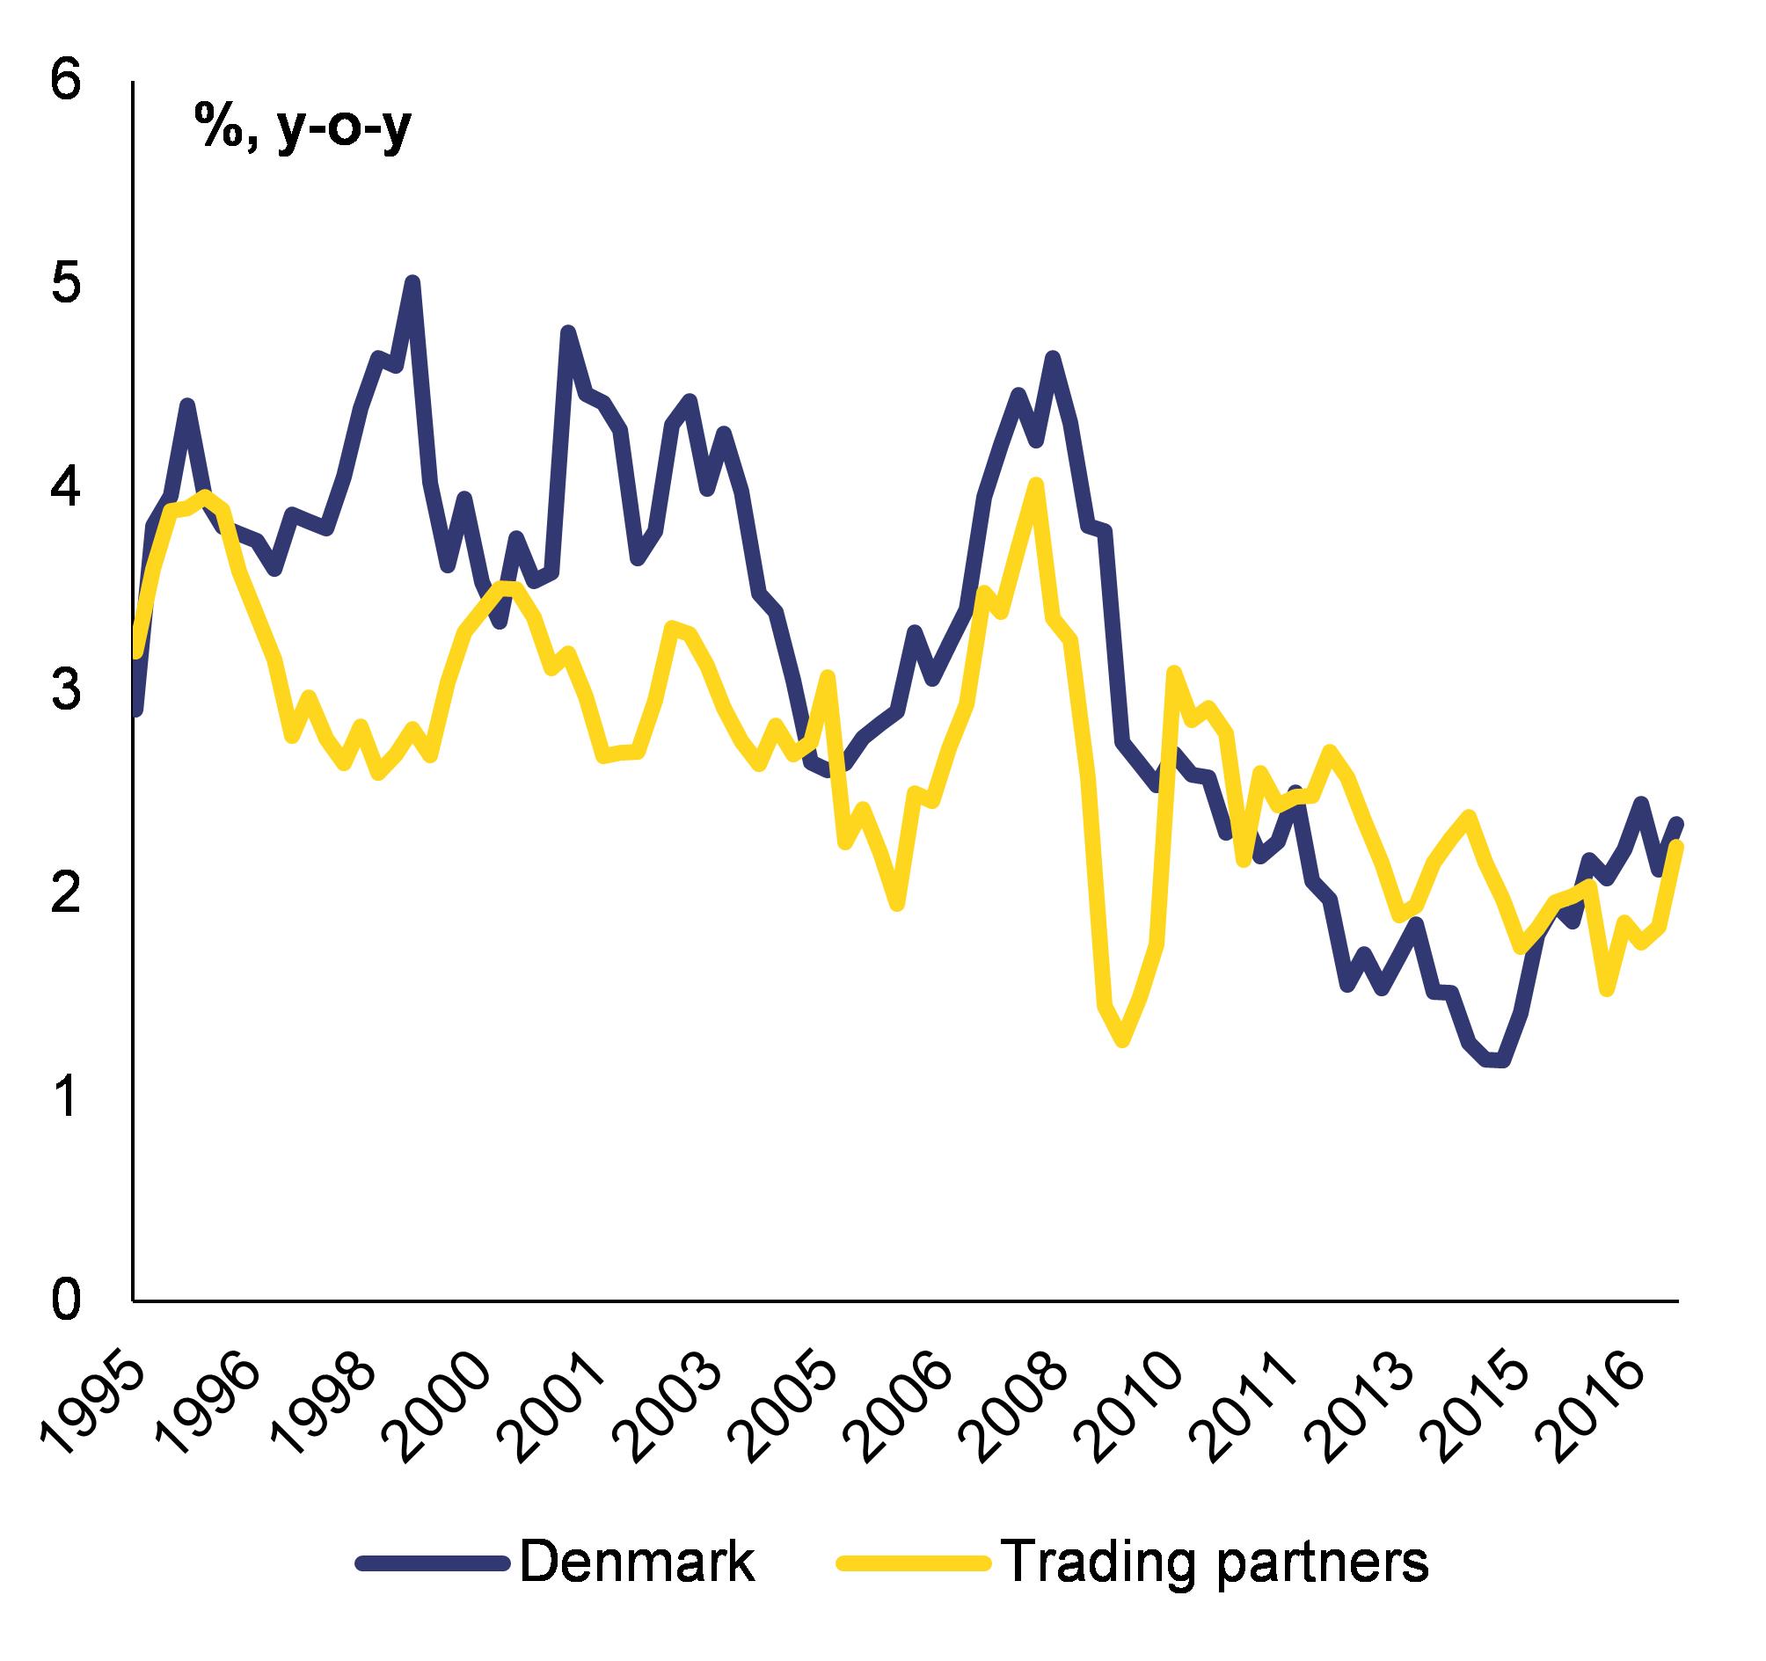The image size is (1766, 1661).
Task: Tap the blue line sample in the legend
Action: point(434,1563)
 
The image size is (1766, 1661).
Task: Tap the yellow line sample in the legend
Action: point(914,1563)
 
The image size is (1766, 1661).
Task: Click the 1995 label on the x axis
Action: point(94,1400)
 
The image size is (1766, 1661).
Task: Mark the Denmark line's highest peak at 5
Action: point(412,283)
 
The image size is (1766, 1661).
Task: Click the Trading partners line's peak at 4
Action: point(1035,484)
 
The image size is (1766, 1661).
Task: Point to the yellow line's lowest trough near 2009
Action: point(1123,1039)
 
